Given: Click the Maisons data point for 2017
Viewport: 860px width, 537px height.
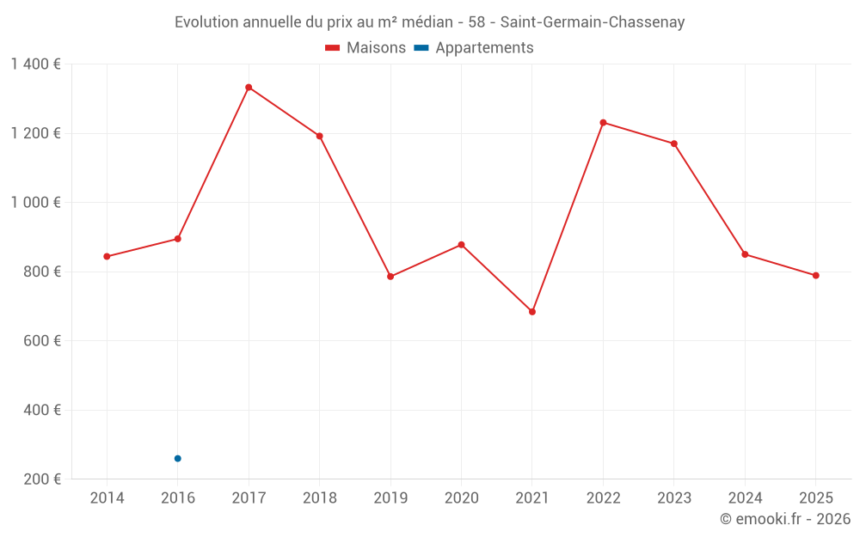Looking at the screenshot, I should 249,88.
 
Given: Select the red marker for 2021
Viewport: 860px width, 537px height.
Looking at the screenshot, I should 532,312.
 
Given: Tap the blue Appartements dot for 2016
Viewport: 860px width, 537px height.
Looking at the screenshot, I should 178,459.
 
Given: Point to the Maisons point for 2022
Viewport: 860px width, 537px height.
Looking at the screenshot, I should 603,123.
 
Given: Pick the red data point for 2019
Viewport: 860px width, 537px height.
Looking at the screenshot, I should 390,277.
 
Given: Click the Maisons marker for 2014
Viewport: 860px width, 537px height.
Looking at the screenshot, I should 107,257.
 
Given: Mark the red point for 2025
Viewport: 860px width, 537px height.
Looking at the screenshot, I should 816,276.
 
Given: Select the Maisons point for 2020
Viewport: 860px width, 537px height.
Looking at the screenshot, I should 461,245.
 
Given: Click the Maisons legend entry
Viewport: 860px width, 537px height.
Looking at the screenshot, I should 365,48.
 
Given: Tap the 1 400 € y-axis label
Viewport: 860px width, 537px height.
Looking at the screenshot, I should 35,64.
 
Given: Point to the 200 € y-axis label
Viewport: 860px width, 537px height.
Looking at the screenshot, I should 42,479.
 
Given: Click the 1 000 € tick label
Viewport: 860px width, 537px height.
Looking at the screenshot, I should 35,203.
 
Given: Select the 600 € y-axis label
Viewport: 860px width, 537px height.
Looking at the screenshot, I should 42,341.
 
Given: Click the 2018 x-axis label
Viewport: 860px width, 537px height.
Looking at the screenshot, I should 319,498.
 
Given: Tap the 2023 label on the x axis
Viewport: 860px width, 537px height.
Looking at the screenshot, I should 674,498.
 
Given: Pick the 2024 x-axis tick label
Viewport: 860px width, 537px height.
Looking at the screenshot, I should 745,498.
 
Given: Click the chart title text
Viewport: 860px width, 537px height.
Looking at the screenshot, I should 429,22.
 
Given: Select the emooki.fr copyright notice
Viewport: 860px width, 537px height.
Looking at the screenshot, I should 784,519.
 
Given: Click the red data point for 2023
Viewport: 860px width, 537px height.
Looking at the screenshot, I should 674,143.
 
